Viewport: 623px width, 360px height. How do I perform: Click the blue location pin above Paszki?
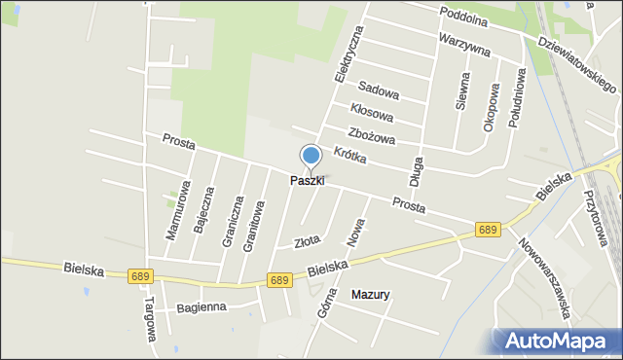[x=311, y=156]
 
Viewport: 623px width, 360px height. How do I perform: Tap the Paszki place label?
[x=307, y=181]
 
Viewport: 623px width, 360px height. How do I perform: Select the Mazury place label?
[x=370, y=294]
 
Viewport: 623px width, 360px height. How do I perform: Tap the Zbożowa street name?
[x=371, y=136]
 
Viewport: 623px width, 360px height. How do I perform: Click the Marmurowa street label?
[x=173, y=212]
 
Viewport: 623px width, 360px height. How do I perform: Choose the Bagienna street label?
[x=202, y=308]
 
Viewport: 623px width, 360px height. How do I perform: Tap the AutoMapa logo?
[x=557, y=341]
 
